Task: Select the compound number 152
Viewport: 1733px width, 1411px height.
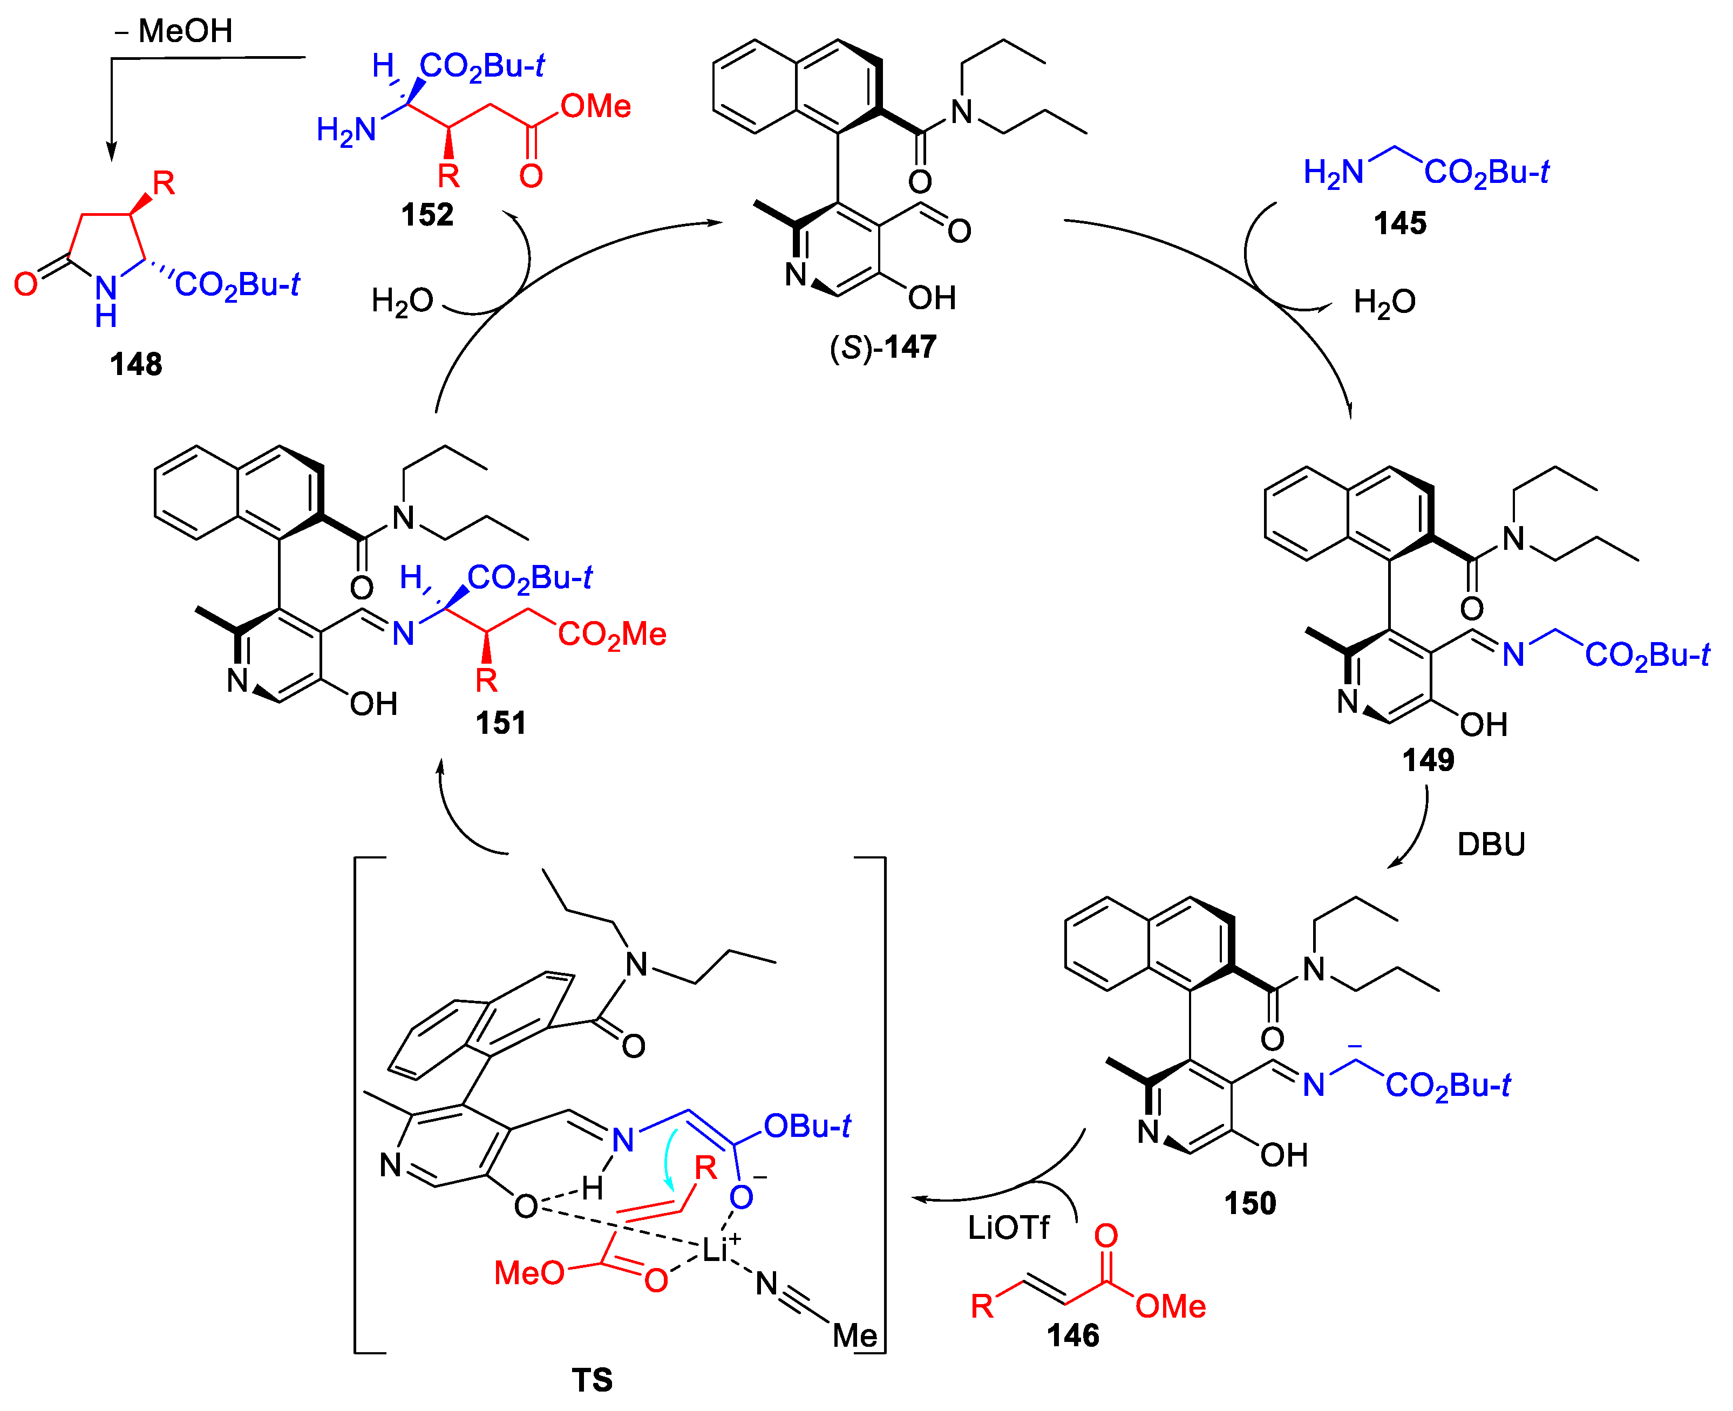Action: [427, 215]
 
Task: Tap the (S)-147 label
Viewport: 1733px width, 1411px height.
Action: [883, 347]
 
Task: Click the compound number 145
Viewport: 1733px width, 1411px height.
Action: [1400, 223]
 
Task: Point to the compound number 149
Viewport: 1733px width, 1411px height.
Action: [1428, 760]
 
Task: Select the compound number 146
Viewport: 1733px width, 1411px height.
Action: [1073, 1335]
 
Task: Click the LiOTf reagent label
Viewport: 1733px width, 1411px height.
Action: [1008, 1228]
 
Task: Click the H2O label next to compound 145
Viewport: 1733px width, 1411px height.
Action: [1384, 302]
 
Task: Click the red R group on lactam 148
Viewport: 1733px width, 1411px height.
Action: [164, 183]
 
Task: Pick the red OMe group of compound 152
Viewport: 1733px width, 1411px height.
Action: [596, 106]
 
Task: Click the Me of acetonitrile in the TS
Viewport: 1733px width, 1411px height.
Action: [854, 1335]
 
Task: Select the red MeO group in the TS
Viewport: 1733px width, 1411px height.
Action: [529, 1273]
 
